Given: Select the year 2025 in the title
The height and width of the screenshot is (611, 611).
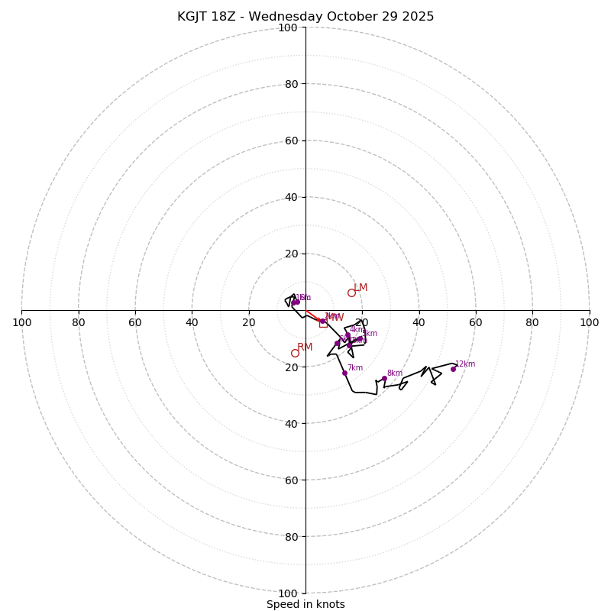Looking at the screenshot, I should [419, 17].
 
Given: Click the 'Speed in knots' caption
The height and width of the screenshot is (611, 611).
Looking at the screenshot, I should [305, 604].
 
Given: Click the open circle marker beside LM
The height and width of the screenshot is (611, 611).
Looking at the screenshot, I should [351, 293].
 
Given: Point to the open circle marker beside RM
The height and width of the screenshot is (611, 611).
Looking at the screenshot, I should [295, 353].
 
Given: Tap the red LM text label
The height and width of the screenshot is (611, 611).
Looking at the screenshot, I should [360, 288].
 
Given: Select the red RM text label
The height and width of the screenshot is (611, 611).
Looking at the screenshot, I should [305, 348].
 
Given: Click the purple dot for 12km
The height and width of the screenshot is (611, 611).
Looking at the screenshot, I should [453, 369].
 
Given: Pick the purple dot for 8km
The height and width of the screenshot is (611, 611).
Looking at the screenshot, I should [384, 378].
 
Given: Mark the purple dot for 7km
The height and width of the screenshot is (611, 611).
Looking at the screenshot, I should [344, 373].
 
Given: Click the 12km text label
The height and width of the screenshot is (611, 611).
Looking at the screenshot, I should [465, 364].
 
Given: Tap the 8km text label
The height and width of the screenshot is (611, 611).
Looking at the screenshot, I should [394, 373].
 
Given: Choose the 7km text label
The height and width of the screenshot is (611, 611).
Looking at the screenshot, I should [355, 368].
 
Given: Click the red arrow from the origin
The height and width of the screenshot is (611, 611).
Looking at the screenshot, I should [313, 315].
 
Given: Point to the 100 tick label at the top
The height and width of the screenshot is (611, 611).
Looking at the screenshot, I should [288, 27].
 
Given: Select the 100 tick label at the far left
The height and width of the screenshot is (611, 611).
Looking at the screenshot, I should [21, 322].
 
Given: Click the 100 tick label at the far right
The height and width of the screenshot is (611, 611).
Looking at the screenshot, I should [590, 322].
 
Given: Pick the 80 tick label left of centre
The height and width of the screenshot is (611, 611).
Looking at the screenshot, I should [79, 322].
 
